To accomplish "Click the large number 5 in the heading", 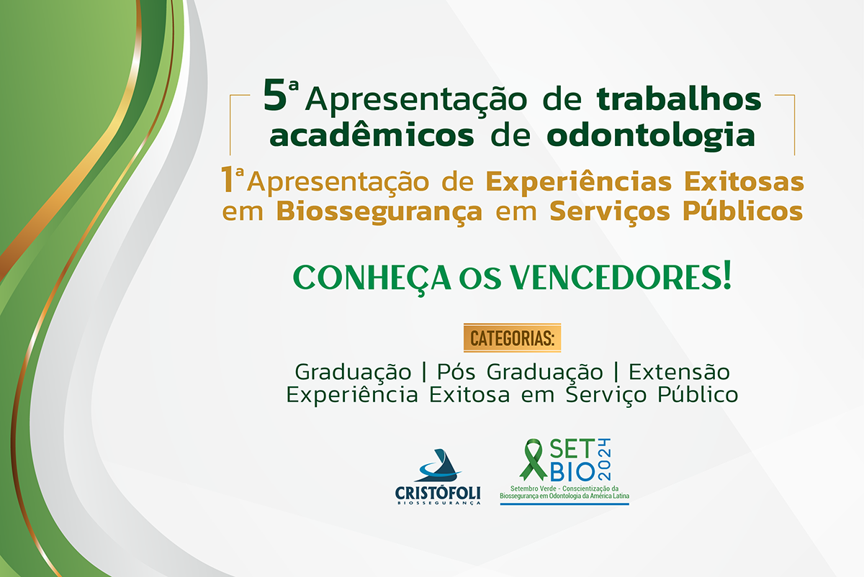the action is coord(274,95).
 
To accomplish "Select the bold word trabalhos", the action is coord(679,99).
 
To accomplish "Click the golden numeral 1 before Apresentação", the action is coord(226,179).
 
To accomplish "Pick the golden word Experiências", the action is coord(579,182).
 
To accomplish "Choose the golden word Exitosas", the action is coord(744,181).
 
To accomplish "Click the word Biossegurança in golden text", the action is coord(379,212).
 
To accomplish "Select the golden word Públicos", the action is coord(742,211).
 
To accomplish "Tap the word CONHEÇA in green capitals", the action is coord(372,278).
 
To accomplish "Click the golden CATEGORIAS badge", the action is coord(512,337).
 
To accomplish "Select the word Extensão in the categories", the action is coord(679,372).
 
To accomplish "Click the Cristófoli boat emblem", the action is coord(439,465).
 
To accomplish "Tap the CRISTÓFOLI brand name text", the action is coord(438,493).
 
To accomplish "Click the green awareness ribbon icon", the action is coord(533,460).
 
